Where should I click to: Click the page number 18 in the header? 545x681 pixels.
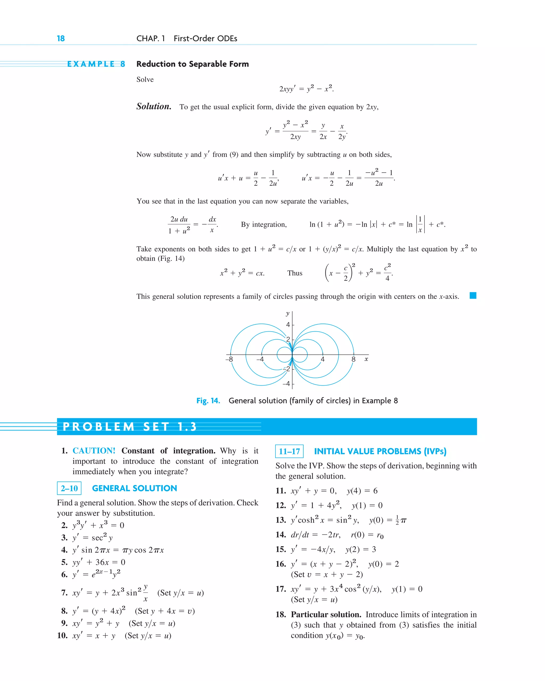(x=61, y=39)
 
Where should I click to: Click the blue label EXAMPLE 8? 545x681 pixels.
(x=96, y=64)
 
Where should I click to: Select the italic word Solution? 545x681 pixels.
(x=154, y=106)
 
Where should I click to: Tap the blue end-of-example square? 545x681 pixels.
(x=473, y=296)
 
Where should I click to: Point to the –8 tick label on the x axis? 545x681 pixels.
(x=229, y=359)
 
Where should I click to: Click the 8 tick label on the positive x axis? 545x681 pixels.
(x=353, y=359)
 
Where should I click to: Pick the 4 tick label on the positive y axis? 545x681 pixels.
(x=288, y=324)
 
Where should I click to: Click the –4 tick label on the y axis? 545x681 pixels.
(x=286, y=383)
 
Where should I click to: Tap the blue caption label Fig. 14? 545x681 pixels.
(x=208, y=400)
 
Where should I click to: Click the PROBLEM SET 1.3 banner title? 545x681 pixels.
(x=130, y=427)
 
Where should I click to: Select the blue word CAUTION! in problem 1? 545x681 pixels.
(x=94, y=451)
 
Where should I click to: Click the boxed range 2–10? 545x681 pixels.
(x=69, y=488)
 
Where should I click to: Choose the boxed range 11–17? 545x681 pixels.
(x=289, y=451)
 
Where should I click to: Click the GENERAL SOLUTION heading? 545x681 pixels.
(x=134, y=488)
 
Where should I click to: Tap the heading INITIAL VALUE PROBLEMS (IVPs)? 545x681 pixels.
(x=380, y=451)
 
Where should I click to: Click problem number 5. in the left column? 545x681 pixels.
(x=64, y=562)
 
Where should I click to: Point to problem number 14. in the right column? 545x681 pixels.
(x=281, y=534)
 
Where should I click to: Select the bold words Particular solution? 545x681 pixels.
(x=326, y=614)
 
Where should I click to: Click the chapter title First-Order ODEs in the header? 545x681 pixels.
(x=205, y=39)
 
